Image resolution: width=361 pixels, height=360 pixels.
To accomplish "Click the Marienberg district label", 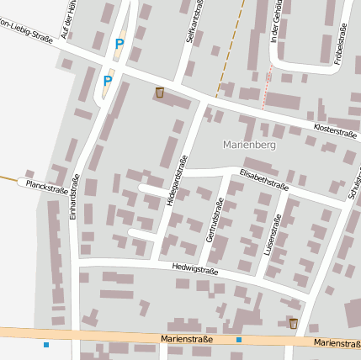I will pos(250,145).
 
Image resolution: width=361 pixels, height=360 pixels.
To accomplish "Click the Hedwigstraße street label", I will pos(194,270).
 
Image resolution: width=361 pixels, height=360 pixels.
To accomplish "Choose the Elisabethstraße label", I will pos(264,180).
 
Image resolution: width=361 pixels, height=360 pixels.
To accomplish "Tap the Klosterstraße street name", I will pos(335,133).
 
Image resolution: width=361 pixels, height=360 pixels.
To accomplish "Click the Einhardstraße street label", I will pos(75,201).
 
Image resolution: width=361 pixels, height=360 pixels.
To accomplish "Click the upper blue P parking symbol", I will pos(119,44).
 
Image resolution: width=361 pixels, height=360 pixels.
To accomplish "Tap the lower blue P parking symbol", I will pos(108,81).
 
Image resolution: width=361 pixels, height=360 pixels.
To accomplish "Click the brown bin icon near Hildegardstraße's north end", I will pos(159,93).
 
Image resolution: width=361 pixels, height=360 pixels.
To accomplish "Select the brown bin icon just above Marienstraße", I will pos(293,323).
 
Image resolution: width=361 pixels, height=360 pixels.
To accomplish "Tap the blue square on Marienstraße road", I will pos(239,340).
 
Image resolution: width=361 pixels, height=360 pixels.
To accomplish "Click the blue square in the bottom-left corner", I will pos(46,345).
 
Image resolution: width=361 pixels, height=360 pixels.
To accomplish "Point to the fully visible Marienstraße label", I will pos(187,338).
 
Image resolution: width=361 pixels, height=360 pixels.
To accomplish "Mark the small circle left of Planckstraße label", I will pos(20,180).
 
